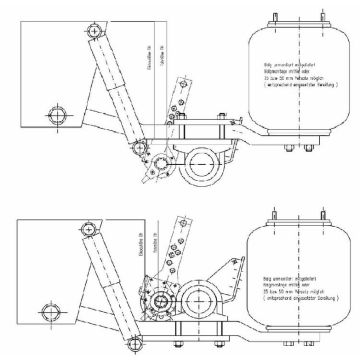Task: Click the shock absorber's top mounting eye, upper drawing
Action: point(95,31)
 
